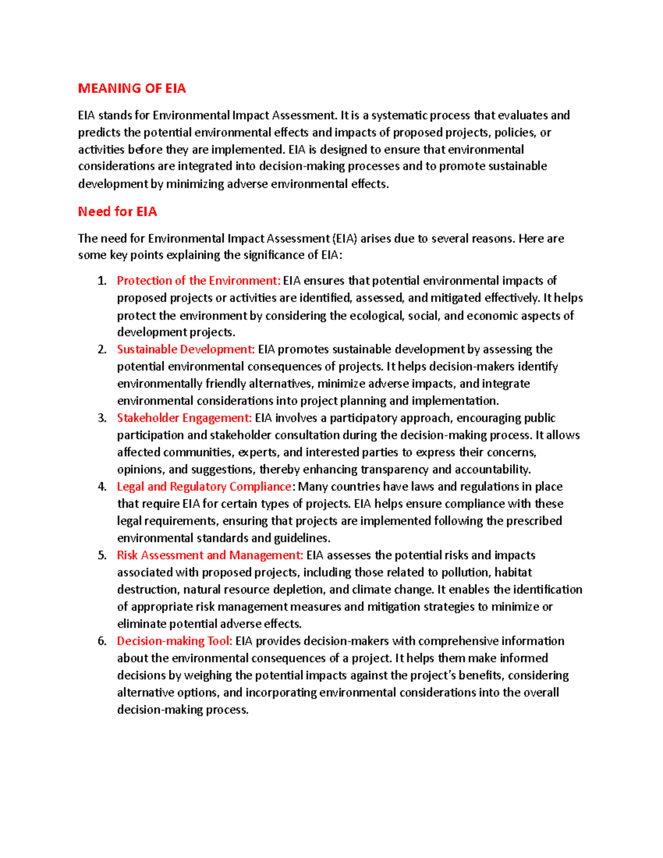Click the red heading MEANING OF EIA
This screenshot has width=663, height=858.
[x=131, y=88]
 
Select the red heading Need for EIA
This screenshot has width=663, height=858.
[x=117, y=212]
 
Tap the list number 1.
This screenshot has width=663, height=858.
[x=101, y=281]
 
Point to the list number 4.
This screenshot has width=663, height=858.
[x=101, y=487]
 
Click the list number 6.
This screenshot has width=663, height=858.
[x=101, y=641]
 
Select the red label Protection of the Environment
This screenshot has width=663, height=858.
[x=198, y=281]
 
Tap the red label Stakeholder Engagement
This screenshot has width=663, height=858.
[x=184, y=418]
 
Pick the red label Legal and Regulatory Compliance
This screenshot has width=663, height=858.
[x=204, y=487]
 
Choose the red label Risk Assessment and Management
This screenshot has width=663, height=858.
[x=210, y=555]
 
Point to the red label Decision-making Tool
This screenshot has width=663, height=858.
[x=174, y=641]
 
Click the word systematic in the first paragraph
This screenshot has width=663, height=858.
[x=399, y=115]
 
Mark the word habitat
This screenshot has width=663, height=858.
[x=513, y=572]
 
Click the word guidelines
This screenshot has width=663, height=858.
[x=301, y=538]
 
